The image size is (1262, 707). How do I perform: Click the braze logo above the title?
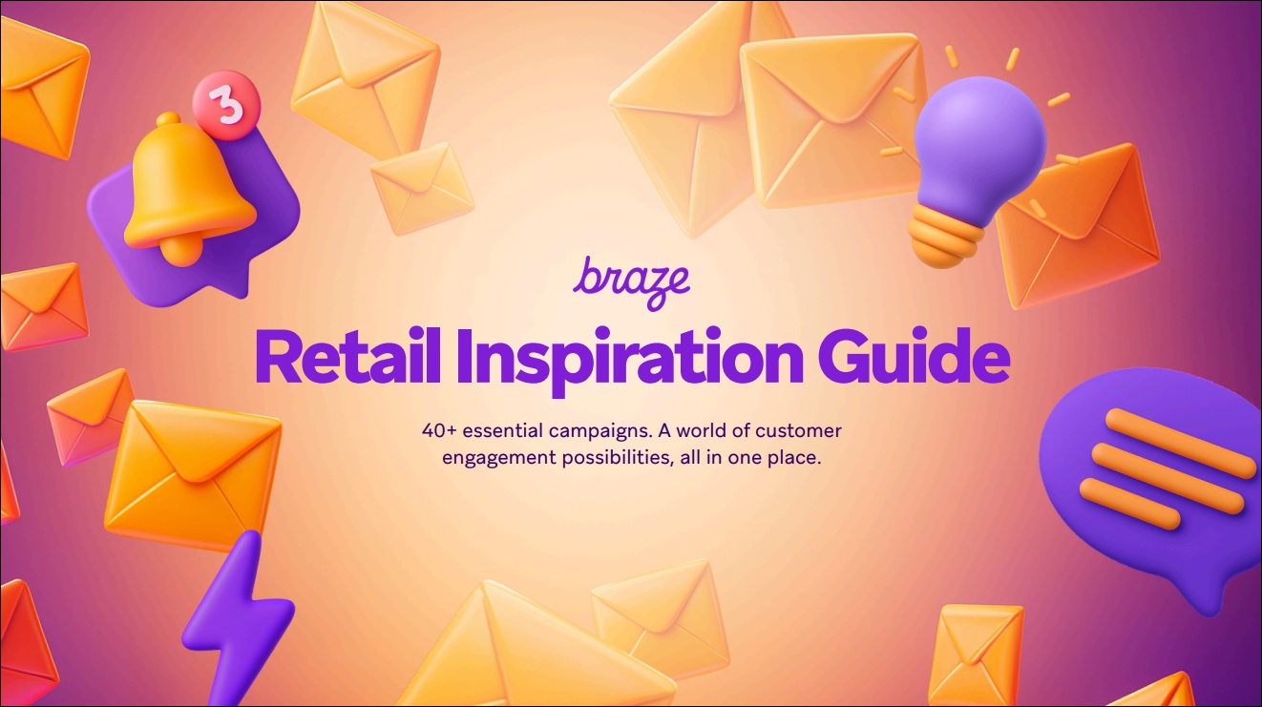click(631, 283)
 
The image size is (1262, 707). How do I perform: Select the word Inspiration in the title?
click(630, 362)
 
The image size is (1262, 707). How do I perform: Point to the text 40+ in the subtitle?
click(438, 431)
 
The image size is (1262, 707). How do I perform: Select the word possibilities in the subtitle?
click(618, 458)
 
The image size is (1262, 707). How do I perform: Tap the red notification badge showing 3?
click(226, 105)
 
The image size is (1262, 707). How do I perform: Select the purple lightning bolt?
click(240, 616)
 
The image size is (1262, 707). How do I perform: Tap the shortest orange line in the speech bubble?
click(1129, 505)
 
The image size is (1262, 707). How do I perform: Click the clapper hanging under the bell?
click(181, 253)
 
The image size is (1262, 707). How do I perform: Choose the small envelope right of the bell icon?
click(421, 188)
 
